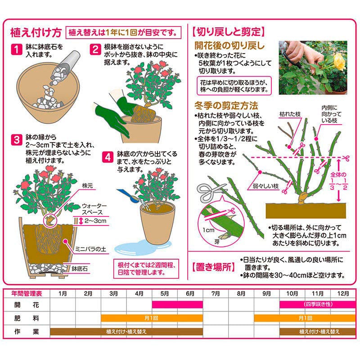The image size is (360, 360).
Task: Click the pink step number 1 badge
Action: (x=17, y=49)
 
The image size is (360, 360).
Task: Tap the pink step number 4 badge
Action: (x=108, y=157)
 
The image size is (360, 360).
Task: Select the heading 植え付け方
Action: (x=36, y=32)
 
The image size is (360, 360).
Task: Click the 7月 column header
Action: (x=216, y=294)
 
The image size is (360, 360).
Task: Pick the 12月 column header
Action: (x=343, y=294)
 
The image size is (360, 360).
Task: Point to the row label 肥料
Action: (x=27, y=318)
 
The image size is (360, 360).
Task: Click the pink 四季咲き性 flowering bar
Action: (x=318, y=305)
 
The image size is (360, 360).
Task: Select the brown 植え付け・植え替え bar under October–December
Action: (x=318, y=332)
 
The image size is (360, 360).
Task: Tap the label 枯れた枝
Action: (x=290, y=114)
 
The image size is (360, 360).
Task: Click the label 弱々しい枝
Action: (x=265, y=186)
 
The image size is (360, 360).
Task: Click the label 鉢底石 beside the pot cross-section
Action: (x=80, y=269)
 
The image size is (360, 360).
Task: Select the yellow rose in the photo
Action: (x=339, y=62)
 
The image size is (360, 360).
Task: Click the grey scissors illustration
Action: (x=211, y=192)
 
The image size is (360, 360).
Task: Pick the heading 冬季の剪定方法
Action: (x=226, y=106)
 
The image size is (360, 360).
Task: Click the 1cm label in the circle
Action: (x=208, y=230)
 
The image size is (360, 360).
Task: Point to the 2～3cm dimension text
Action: (x=95, y=221)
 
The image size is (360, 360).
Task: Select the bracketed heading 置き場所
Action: (x=213, y=267)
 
